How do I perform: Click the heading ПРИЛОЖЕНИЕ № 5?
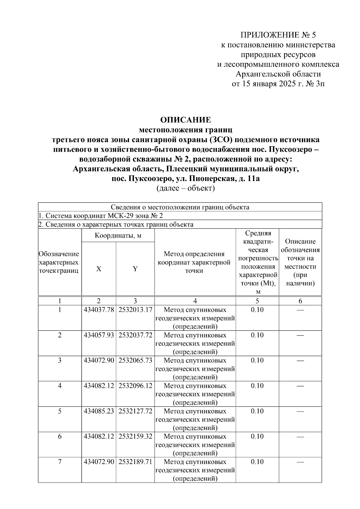point(278,35)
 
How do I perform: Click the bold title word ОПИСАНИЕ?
point(186,120)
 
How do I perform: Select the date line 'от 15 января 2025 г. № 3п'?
point(278,84)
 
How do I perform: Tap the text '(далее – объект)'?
point(186,189)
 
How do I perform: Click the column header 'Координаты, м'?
point(118,236)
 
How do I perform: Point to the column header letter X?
point(99,269)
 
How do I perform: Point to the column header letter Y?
point(135,269)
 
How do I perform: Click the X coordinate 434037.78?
point(99,310)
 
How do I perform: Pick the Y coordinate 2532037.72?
point(135,335)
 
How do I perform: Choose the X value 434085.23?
point(99,411)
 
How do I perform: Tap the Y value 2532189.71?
point(135,462)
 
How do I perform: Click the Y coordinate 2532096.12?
point(135,386)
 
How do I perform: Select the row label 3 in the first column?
point(60,360)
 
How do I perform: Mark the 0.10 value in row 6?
point(257,436)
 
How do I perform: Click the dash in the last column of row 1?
point(300,310)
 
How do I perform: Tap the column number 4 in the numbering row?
point(195,301)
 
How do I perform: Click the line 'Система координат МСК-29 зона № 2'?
point(101,216)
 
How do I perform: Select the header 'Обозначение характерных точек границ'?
point(59,262)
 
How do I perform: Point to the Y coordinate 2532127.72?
point(135,411)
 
